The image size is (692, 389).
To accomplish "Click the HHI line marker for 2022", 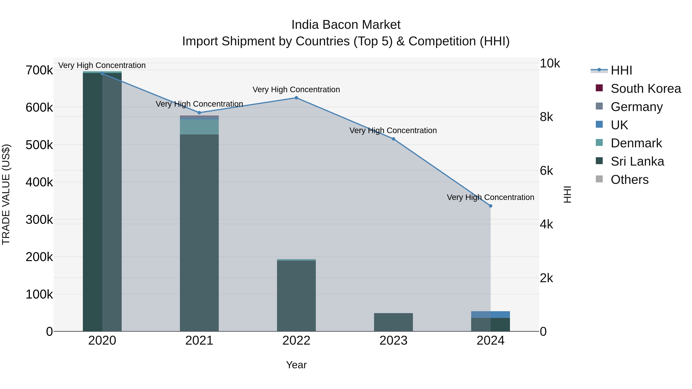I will point(296,98).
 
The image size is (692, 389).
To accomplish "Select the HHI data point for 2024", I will point(491,206).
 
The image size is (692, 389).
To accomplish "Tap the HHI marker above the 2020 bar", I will point(102,73).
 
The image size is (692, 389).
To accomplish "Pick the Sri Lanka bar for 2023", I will point(393,322).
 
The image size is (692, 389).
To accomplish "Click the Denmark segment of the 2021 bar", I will point(199,127).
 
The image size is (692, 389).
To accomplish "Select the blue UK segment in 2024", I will point(491,314).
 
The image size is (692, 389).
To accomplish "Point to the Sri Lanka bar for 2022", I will point(296,295).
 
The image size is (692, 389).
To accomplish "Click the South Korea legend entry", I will point(645,89).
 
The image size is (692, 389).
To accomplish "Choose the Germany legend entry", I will point(636,107).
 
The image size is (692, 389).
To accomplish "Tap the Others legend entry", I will point(629,180).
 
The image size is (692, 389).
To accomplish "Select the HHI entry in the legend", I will point(621,70).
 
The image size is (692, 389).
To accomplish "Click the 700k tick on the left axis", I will point(39,70).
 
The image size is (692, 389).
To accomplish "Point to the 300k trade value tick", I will point(39,220).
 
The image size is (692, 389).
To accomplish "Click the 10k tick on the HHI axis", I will point(550,63).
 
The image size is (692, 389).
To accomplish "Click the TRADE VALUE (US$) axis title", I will point(6,194).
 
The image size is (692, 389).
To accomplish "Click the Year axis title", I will point(296,365).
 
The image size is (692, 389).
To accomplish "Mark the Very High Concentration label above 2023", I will point(393,130).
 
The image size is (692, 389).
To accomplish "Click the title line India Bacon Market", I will point(346,25).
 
